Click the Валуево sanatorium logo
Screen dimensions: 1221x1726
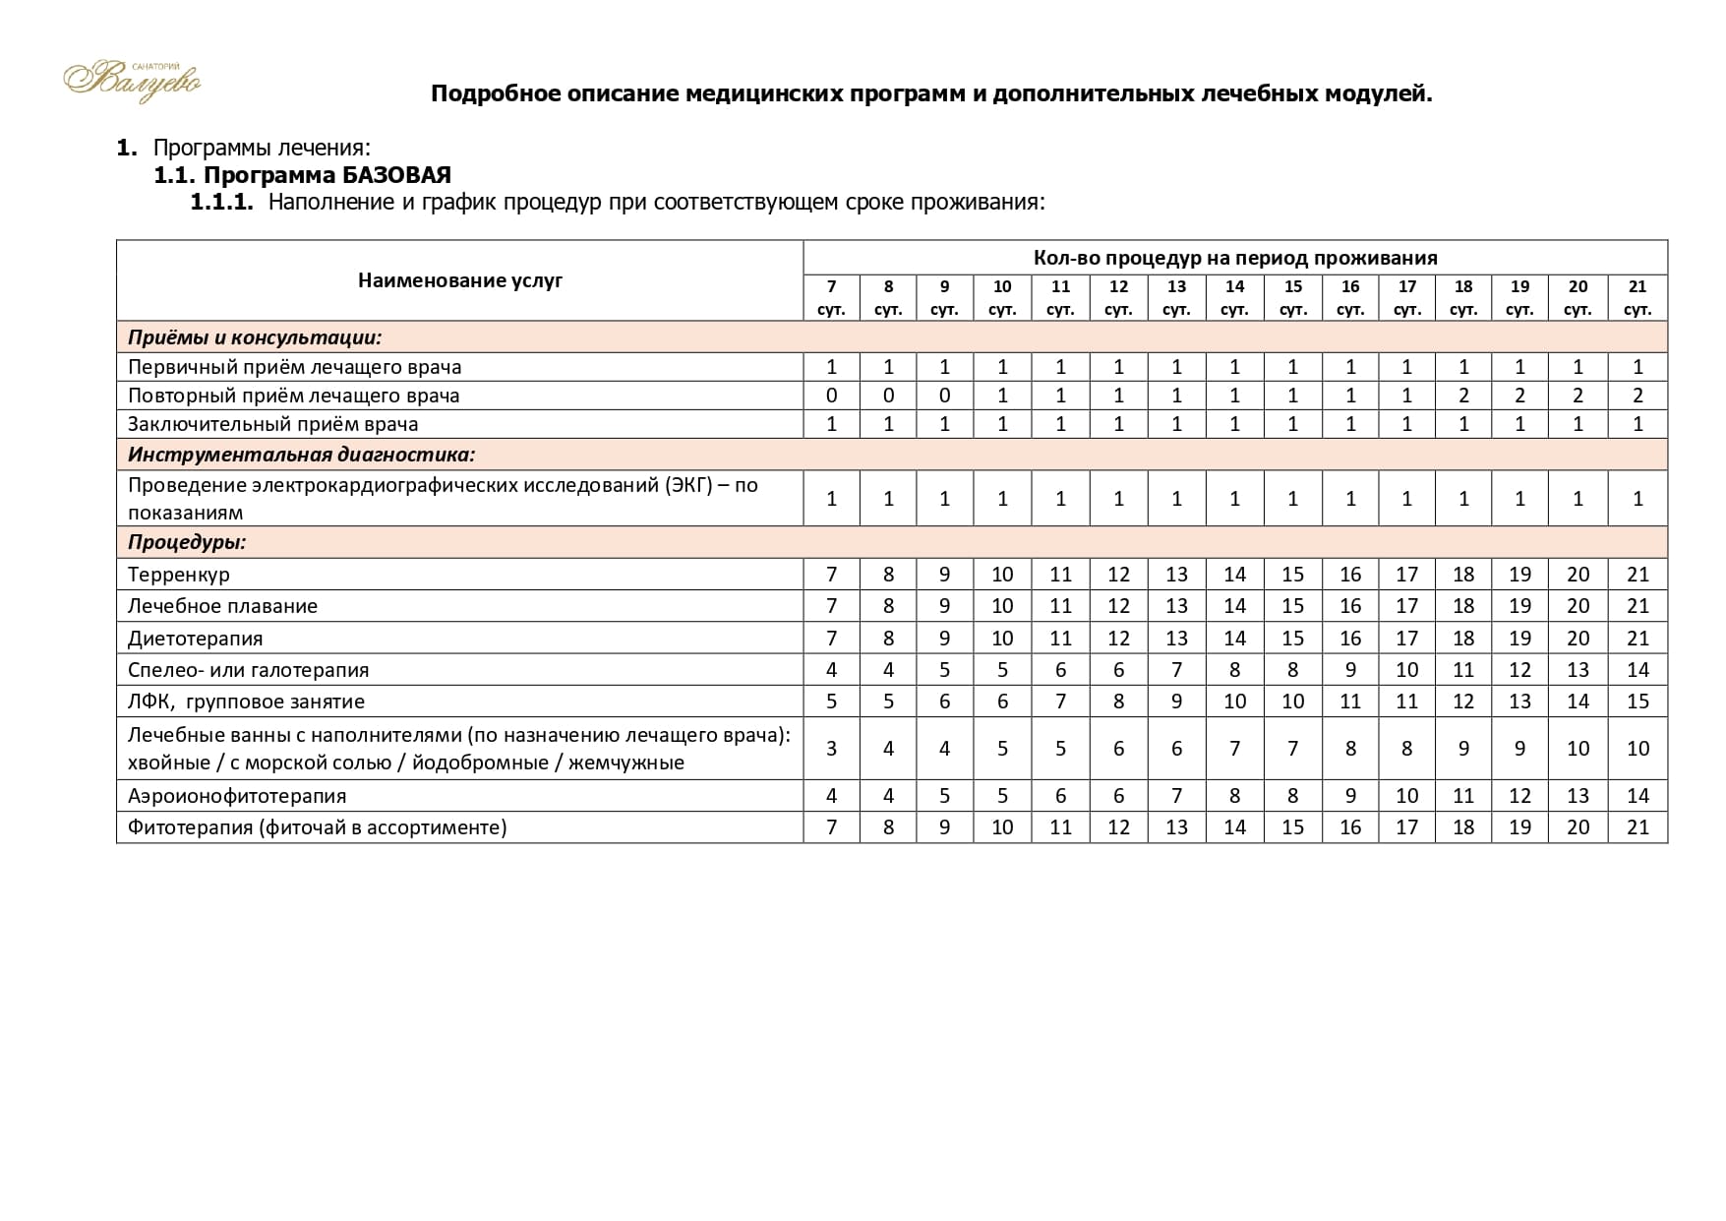coord(132,80)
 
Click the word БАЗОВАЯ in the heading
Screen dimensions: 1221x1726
coord(396,175)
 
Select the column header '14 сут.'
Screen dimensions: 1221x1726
coord(1234,297)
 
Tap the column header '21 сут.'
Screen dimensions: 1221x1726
coord(1637,297)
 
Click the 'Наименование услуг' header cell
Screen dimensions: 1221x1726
coord(459,280)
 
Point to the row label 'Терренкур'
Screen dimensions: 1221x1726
coord(179,575)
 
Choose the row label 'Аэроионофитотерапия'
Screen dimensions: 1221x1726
coord(237,796)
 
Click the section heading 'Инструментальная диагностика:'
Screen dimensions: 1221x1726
coord(301,455)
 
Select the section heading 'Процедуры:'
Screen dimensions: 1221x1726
coord(187,542)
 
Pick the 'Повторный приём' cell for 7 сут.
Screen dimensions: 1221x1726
coord(831,396)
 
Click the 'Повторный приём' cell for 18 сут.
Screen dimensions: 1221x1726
coord(1463,396)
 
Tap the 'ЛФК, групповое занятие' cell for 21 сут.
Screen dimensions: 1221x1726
coord(1637,702)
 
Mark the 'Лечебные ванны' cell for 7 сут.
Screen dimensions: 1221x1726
coord(831,749)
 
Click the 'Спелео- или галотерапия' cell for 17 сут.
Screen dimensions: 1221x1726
coord(1406,670)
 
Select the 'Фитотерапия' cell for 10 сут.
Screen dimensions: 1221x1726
coord(1002,827)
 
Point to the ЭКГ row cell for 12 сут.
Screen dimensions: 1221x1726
coord(1118,499)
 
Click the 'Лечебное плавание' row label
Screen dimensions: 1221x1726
coord(222,606)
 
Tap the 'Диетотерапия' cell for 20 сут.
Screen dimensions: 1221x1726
coord(1577,639)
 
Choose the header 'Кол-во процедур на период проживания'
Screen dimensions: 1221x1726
coord(1234,258)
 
